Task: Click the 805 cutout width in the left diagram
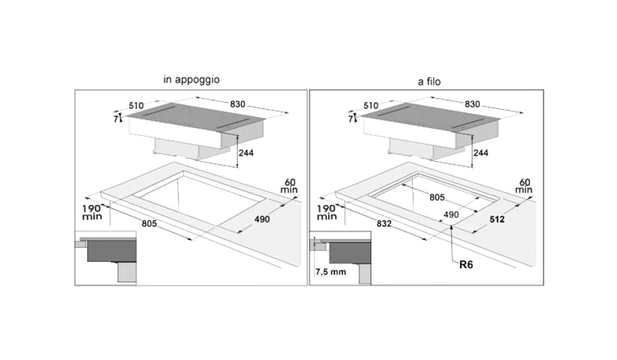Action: click(x=148, y=224)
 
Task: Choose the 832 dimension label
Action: click(x=384, y=224)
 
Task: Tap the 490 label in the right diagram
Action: click(x=452, y=214)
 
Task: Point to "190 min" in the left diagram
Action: click(x=92, y=212)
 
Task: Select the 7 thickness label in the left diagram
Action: click(x=115, y=119)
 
